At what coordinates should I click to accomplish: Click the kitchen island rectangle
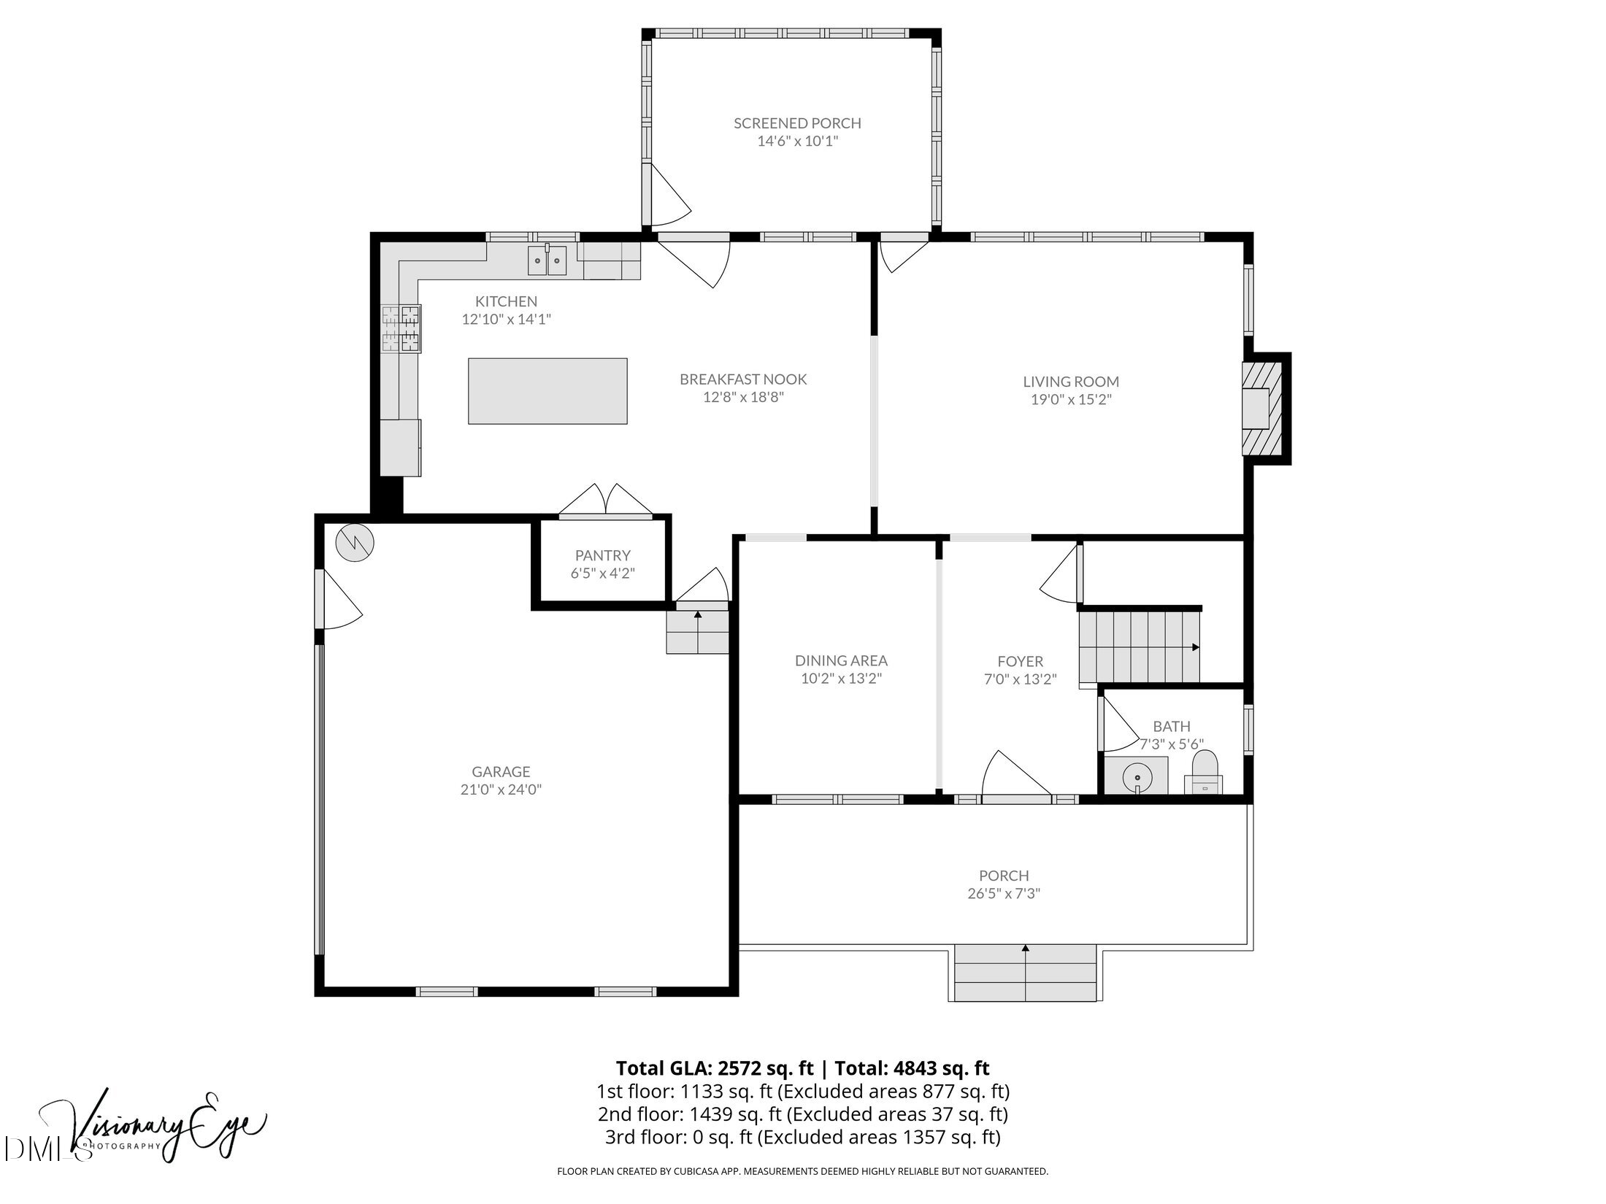(547, 390)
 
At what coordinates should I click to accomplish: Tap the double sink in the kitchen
(547, 261)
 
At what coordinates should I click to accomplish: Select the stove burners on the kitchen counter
(401, 328)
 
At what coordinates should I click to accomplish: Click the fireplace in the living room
(1262, 409)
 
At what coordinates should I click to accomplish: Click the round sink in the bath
(1137, 775)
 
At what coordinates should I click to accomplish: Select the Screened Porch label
(797, 123)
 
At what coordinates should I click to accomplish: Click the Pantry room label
(602, 555)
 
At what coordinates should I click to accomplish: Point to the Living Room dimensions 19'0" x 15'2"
(1071, 399)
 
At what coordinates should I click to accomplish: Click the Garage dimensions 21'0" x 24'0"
(501, 789)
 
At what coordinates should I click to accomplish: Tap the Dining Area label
(841, 660)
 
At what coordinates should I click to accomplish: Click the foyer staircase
(1139, 647)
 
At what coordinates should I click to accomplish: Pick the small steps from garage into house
(698, 632)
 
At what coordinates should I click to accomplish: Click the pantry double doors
(606, 502)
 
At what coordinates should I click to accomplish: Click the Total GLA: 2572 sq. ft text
(714, 1068)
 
